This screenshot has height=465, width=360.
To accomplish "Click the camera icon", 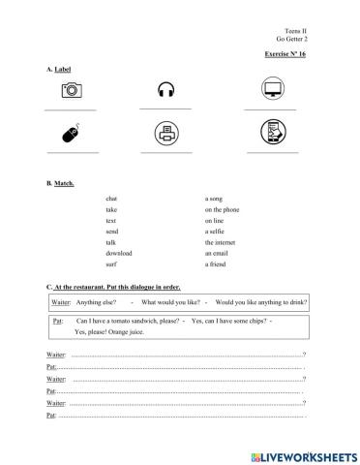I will pyautogui.click(x=70, y=90).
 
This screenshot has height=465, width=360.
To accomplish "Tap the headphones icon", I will pyautogui.click(x=165, y=90).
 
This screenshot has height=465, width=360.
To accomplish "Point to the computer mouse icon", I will pyautogui.click(x=70, y=135).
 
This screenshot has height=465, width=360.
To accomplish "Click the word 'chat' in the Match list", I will pyautogui.click(x=112, y=198).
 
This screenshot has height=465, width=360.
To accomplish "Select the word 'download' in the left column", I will pyautogui.click(x=119, y=252).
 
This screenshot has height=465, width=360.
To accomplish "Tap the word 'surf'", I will pyautogui.click(x=111, y=263).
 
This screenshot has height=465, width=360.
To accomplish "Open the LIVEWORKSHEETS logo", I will pyautogui.click(x=302, y=453).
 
